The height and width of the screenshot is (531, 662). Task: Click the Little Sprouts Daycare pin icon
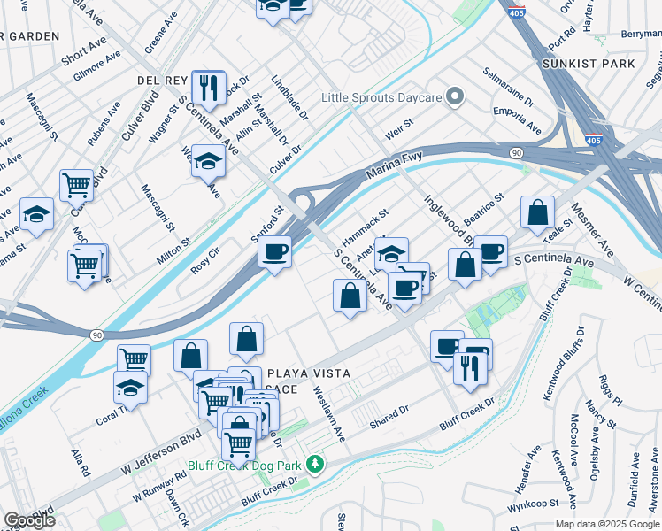(456, 96)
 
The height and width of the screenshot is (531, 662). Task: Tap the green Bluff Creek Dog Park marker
(313, 464)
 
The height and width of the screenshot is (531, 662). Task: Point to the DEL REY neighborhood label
(159, 80)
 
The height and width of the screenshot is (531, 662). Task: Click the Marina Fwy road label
(389, 170)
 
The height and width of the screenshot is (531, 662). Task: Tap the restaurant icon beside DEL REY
(208, 88)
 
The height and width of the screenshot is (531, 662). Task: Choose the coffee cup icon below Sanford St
(275, 253)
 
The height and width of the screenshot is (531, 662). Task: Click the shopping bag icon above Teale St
(537, 213)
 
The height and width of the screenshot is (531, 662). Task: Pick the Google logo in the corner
(28, 519)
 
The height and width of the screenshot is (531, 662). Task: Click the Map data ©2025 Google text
(606, 524)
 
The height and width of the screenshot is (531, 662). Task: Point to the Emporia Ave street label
(518, 120)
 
